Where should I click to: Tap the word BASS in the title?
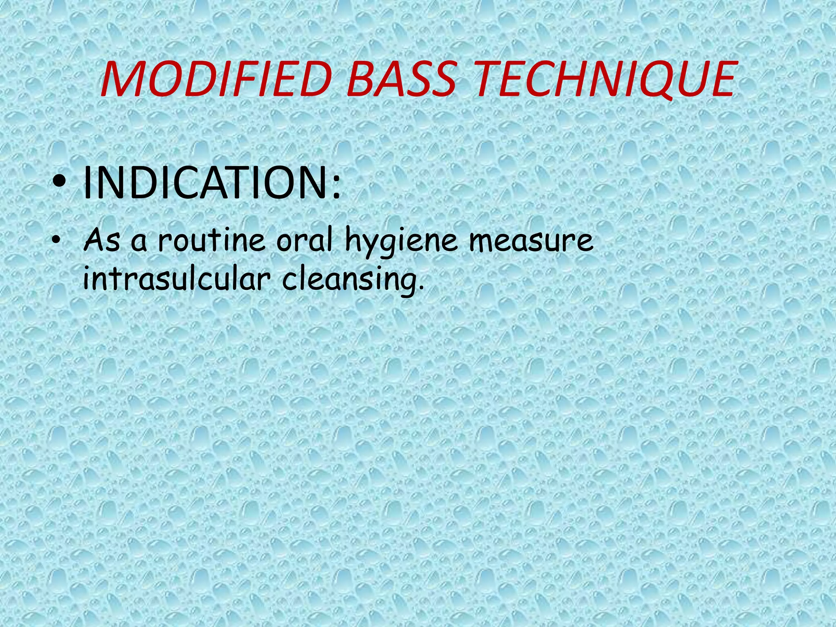click(x=401, y=80)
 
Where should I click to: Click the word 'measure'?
click(x=531, y=241)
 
